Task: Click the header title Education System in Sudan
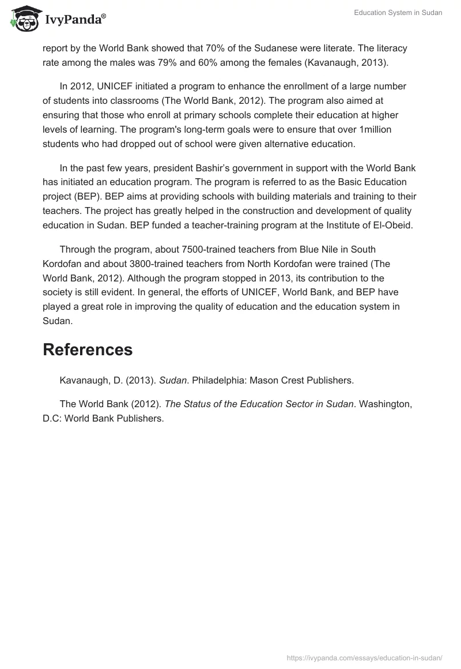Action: click(398, 13)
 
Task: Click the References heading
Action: click(88, 349)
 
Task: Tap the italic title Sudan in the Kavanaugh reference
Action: click(172, 380)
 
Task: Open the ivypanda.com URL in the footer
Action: click(364, 657)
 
